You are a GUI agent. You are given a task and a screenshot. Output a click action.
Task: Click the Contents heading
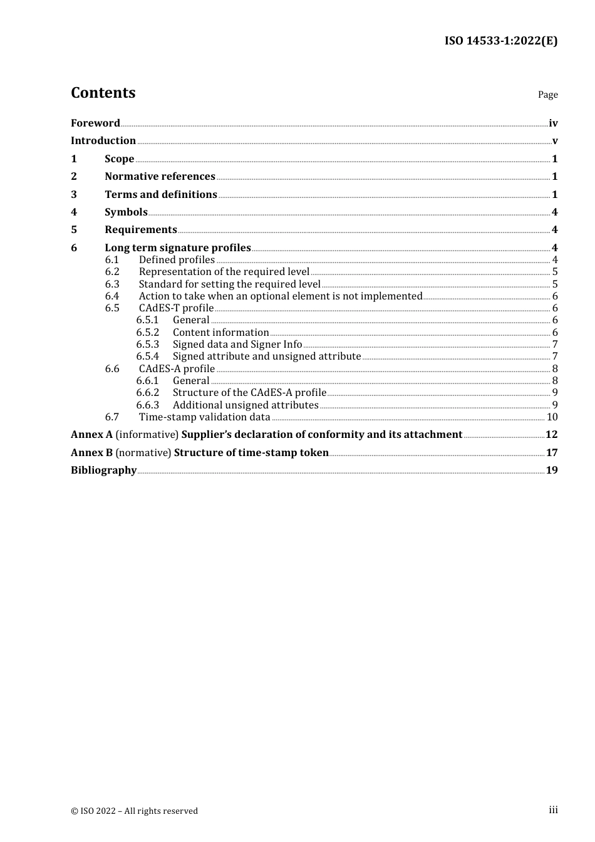tap(103, 93)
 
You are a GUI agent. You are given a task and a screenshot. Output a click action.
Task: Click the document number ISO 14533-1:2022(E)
tap(501, 41)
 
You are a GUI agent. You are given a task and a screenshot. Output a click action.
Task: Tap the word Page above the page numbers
tap(547, 95)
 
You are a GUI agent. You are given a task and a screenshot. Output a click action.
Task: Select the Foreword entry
tap(95, 123)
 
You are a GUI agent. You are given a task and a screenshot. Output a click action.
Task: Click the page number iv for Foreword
tap(553, 123)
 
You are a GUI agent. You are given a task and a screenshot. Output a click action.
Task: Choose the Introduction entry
tap(103, 141)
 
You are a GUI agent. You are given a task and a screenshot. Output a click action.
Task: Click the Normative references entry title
tap(160, 177)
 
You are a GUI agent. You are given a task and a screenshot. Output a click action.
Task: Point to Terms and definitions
tap(160, 195)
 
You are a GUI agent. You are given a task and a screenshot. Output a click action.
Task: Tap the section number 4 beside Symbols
tap(74, 212)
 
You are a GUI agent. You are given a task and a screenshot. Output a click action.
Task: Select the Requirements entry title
tap(141, 230)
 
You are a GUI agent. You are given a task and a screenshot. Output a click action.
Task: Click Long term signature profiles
tap(178, 248)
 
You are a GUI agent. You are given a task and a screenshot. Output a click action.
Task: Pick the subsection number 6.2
tap(112, 272)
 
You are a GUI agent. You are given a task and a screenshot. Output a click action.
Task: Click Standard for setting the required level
tap(229, 284)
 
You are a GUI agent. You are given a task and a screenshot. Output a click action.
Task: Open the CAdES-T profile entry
tap(176, 308)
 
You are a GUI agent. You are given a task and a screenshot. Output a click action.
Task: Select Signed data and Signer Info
tap(237, 345)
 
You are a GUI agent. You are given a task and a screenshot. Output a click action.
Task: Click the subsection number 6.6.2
tap(148, 393)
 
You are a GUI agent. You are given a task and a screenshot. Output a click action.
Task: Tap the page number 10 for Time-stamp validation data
tap(552, 417)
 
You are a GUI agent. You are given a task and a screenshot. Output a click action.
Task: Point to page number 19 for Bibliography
tap(552, 470)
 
